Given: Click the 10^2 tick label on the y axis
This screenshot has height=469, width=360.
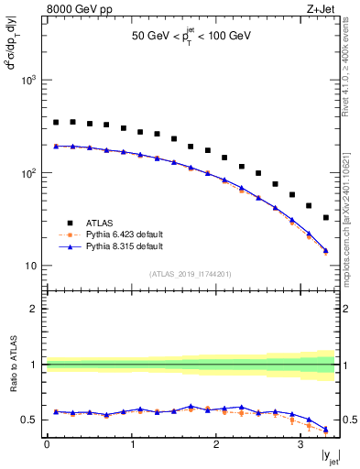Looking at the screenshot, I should (x=28, y=173).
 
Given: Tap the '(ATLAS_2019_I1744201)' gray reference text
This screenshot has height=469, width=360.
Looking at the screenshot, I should (x=191, y=274).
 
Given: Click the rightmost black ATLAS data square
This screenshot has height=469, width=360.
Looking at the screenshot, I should (x=327, y=218).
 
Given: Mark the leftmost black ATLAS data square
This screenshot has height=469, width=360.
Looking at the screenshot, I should (x=56, y=122).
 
